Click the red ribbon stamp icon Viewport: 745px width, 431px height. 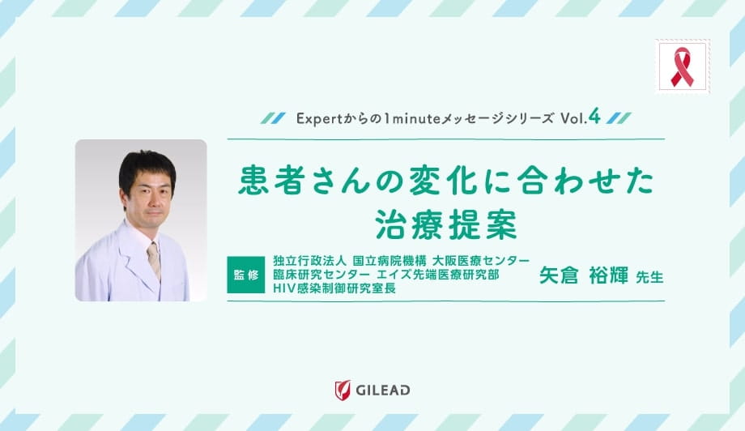(682, 66)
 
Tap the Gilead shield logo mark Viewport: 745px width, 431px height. (342, 390)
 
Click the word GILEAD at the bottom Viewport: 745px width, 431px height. (383, 390)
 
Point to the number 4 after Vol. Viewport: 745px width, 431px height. (594, 117)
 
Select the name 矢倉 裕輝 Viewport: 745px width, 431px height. (585, 275)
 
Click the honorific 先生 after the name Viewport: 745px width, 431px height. (649, 277)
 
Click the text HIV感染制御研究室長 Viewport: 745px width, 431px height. (334, 288)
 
